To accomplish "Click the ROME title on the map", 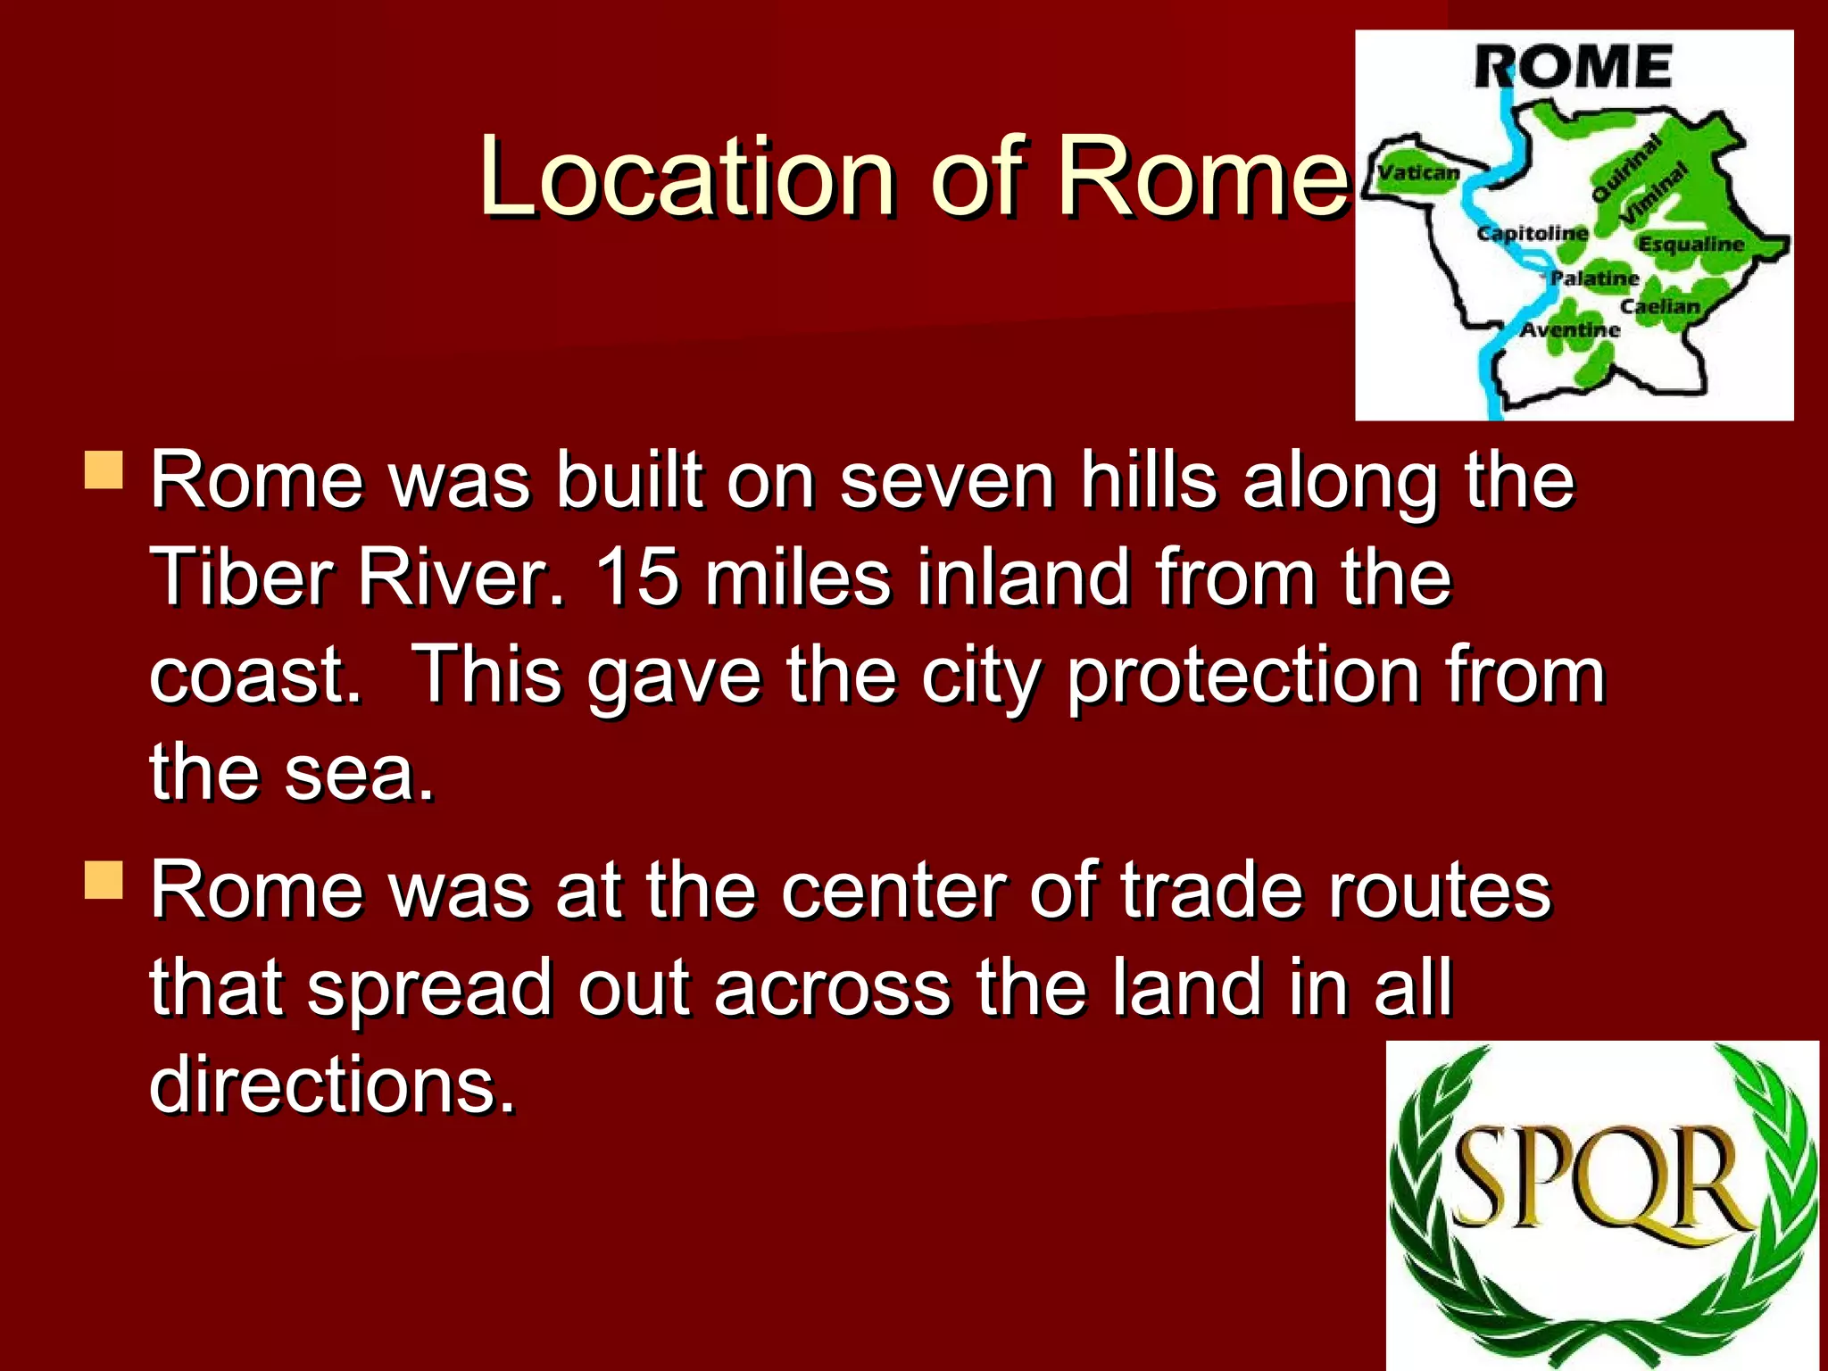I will pyautogui.click(x=1573, y=67).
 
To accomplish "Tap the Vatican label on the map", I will pyautogui.click(x=1419, y=172).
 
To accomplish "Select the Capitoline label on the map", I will pyautogui.click(x=1533, y=233).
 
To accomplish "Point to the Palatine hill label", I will pyautogui.click(x=1594, y=278).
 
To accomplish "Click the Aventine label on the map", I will pyautogui.click(x=1570, y=329).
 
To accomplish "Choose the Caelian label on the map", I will pyautogui.click(x=1660, y=306).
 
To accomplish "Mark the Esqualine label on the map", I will pyautogui.click(x=1691, y=244).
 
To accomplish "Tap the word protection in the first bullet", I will pyautogui.click(x=1243, y=675).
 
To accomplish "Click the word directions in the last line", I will pyautogui.click(x=332, y=1084).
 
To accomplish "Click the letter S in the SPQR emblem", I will pyautogui.click(x=1484, y=1176).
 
